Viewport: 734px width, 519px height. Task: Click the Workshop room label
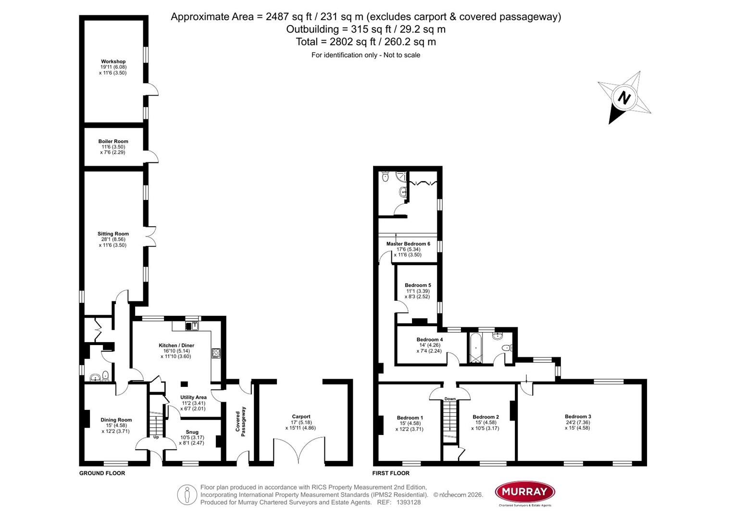point(113,62)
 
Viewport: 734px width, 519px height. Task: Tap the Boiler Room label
point(113,141)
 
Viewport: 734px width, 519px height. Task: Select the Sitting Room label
point(113,234)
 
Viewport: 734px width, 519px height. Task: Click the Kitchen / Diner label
point(176,346)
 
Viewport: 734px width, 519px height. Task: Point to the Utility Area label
point(193,397)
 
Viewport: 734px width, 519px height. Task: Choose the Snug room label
point(192,432)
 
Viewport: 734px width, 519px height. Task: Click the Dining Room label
point(116,420)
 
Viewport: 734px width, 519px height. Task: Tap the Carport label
point(301,417)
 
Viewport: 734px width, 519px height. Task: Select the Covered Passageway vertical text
point(241,422)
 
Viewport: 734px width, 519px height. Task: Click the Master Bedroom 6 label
point(408,244)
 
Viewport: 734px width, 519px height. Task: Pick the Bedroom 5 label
point(417,285)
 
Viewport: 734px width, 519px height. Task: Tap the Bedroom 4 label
point(429,339)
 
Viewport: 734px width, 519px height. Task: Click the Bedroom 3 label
point(577,417)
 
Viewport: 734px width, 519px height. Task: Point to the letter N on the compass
point(623,99)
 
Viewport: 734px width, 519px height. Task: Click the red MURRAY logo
point(525,492)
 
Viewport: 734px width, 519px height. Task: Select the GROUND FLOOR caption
point(102,473)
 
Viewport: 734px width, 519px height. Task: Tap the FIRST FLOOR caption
point(391,473)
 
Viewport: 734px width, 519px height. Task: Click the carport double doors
point(299,452)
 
